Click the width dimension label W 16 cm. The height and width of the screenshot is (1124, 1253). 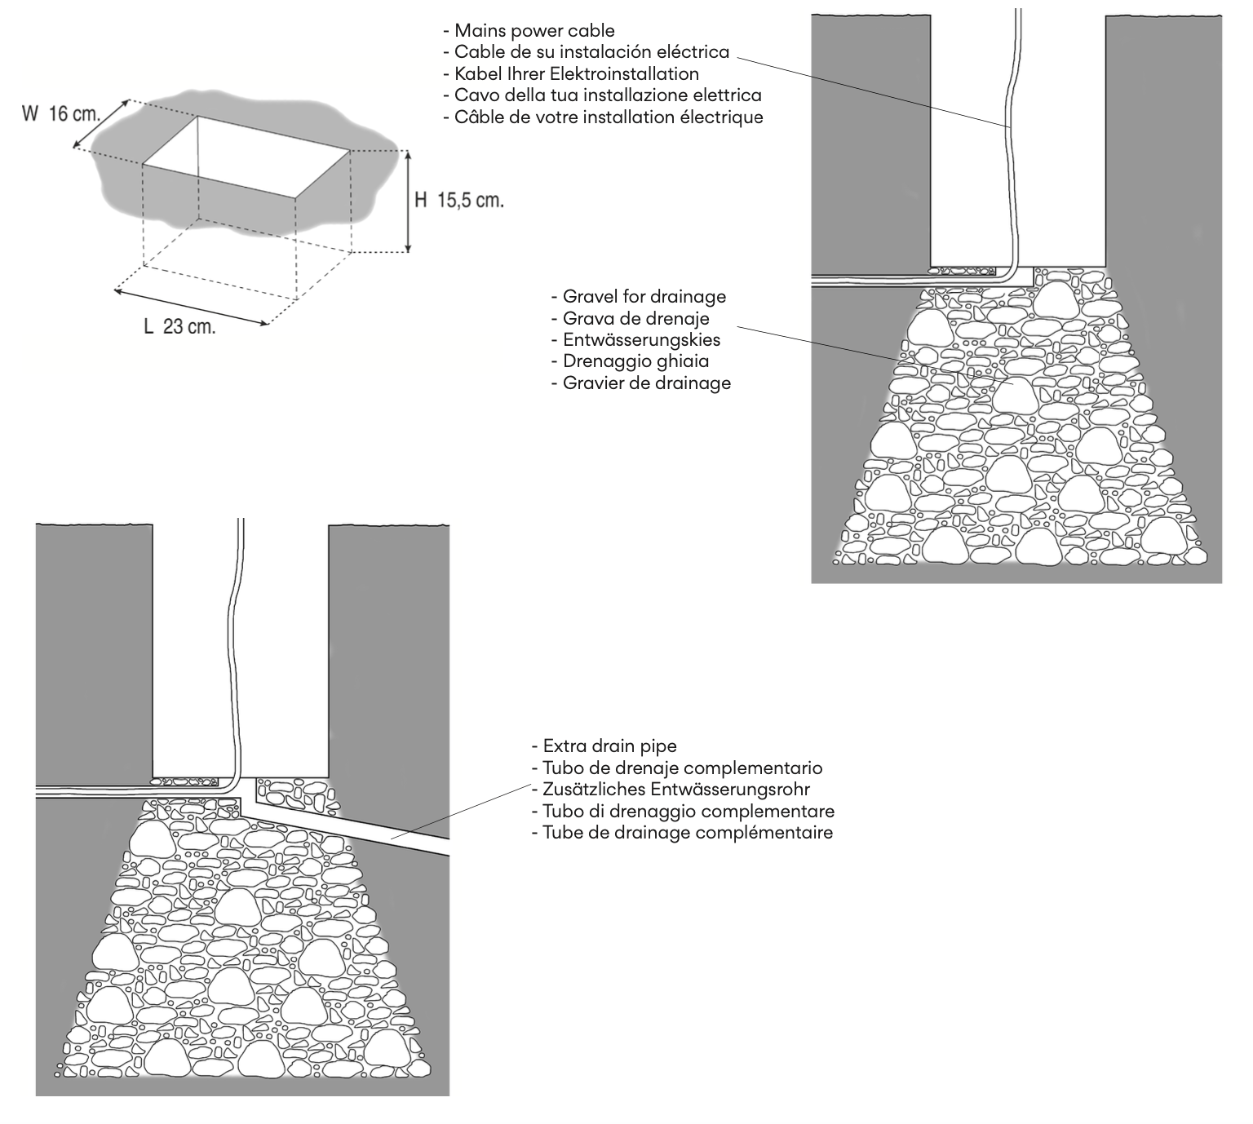click(61, 114)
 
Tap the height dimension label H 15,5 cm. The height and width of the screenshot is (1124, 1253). click(458, 200)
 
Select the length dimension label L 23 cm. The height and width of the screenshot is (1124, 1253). click(179, 327)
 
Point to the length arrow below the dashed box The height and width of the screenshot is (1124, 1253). click(191, 307)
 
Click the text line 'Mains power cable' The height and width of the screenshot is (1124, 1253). click(534, 31)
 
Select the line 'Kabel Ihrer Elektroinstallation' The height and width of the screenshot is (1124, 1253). click(576, 73)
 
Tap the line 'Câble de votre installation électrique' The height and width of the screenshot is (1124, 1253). click(608, 117)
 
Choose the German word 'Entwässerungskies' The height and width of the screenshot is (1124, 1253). click(641, 339)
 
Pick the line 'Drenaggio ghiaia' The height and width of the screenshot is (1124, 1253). click(635, 361)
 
